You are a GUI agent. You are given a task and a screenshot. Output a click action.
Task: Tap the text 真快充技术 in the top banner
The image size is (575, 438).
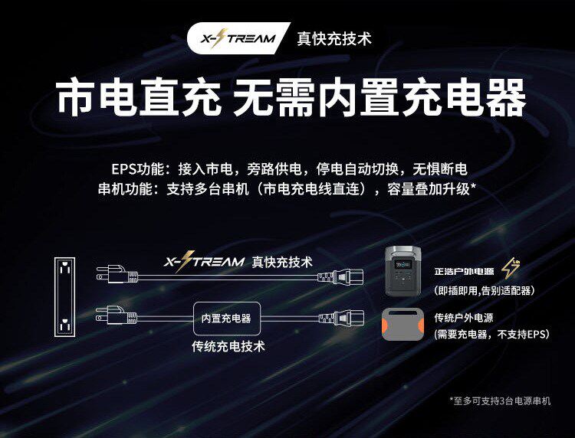(x=333, y=39)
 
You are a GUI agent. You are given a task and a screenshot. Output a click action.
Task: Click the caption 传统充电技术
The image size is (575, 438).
(x=228, y=346)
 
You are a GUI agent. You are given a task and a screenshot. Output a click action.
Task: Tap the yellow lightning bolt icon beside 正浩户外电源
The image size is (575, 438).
(x=511, y=269)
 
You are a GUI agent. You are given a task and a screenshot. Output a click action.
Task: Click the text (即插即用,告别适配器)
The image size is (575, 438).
(x=483, y=290)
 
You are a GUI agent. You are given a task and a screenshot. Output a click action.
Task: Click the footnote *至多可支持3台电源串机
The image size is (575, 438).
(x=499, y=400)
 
